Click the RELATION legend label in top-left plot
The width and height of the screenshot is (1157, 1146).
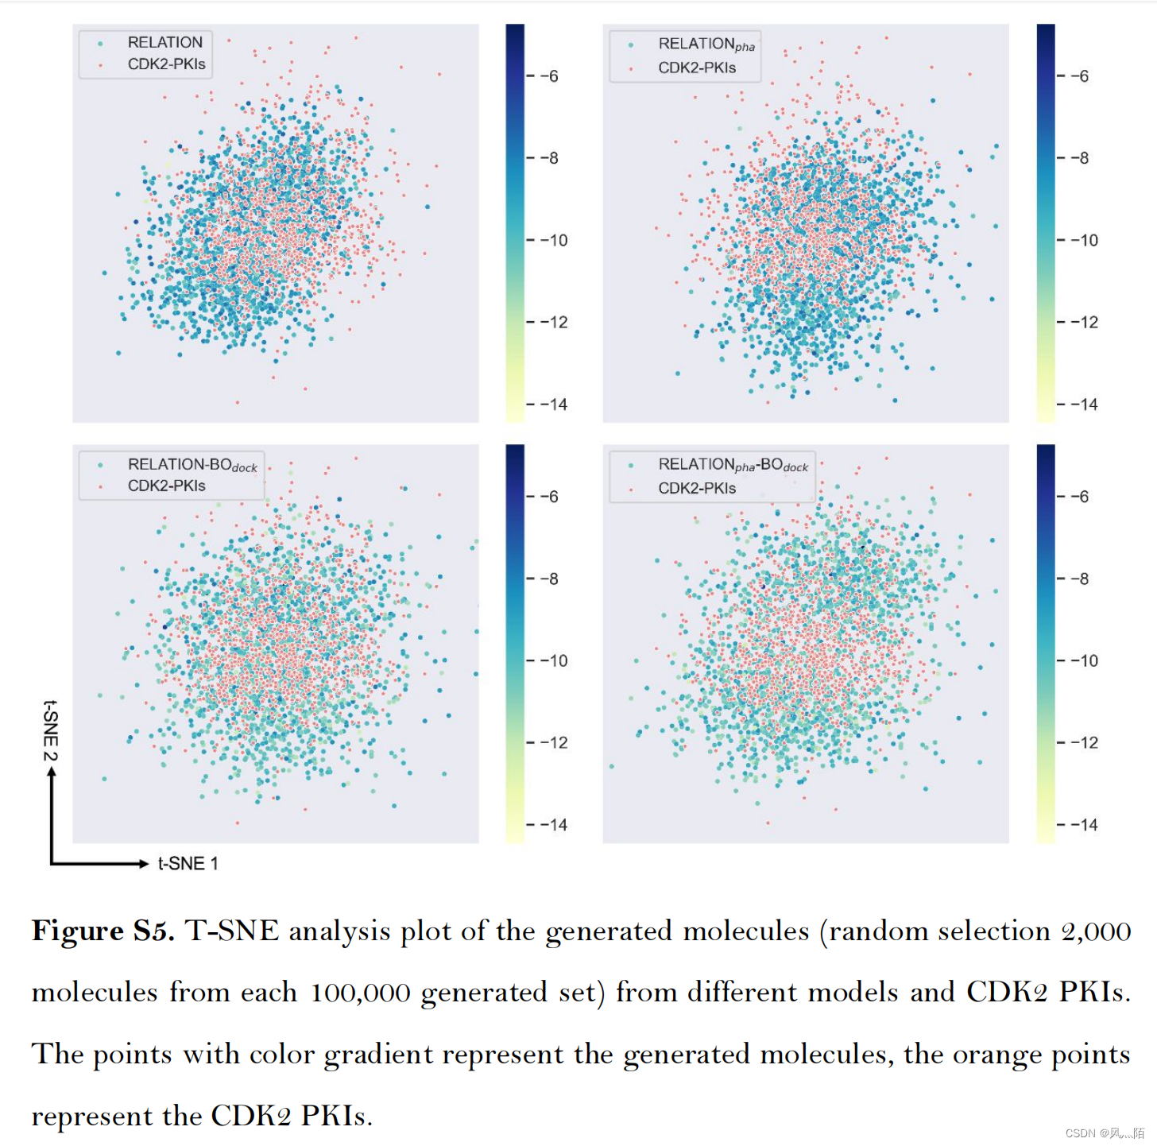coord(165,42)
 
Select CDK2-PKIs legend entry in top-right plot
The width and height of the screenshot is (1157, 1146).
coord(697,68)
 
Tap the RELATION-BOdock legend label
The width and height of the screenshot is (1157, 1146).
coord(192,464)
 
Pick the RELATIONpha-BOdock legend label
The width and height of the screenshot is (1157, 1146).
coord(733,465)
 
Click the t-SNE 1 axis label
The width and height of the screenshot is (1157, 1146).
coord(188,863)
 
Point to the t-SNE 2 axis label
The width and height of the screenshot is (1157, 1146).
coord(50,730)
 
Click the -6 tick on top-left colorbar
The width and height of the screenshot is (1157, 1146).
coord(549,76)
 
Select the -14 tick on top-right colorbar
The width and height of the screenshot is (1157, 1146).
coord(1083,405)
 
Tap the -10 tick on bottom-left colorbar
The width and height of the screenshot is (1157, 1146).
coord(554,660)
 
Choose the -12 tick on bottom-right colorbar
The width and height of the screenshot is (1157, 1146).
coord(1083,742)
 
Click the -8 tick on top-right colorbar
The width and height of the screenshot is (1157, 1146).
coord(1079,158)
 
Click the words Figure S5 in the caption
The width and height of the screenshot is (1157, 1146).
coord(103,931)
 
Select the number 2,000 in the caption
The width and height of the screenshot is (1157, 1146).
coord(1096,931)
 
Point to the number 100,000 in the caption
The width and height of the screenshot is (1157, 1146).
coord(360,993)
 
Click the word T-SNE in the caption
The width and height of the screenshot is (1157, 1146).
coord(232,931)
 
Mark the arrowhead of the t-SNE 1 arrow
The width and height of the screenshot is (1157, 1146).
coord(144,863)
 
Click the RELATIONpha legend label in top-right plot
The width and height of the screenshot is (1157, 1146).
coord(706,45)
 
